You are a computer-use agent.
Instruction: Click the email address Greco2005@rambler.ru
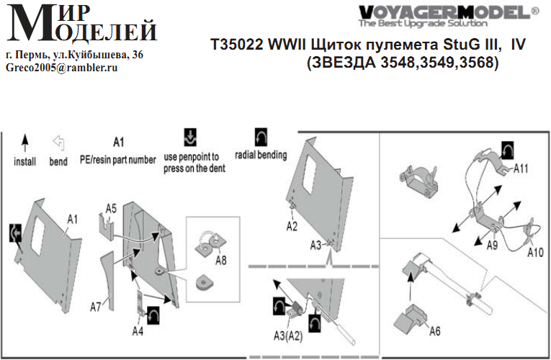pyautogui.click(x=61, y=68)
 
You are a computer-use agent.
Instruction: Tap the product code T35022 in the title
pyautogui.click(x=237, y=45)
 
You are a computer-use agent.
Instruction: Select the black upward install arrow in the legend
pyautogui.click(x=24, y=143)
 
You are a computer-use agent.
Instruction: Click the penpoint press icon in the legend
pyautogui.click(x=190, y=138)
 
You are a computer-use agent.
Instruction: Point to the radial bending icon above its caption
pyautogui.click(x=261, y=138)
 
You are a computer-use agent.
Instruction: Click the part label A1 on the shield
pyautogui.click(x=73, y=220)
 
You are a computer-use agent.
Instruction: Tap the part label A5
pyautogui.click(x=111, y=209)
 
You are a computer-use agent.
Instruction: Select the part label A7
pyautogui.click(x=96, y=307)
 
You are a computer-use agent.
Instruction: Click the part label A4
pyautogui.click(x=138, y=331)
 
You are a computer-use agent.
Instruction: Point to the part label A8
pyautogui.click(x=221, y=260)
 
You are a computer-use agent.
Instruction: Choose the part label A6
pyautogui.click(x=435, y=331)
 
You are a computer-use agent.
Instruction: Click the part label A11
pyautogui.click(x=521, y=169)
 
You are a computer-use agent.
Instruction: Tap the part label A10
pyautogui.click(x=535, y=252)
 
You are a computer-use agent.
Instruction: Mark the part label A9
pyautogui.click(x=492, y=245)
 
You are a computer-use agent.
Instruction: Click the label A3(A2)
pyautogui.click(x=288, y=336)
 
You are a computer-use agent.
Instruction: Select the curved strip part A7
pyautogui.click(x=109, y=277)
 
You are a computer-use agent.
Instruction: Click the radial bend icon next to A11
pyautogui.click(x=508, y=150)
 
